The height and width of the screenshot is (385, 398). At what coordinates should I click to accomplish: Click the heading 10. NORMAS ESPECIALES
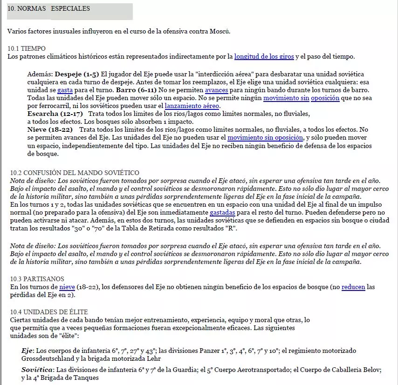[x=49, y=9]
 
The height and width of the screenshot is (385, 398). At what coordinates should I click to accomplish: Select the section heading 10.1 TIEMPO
[x=27, y=48]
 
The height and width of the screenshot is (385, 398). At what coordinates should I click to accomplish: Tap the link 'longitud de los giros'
[x=264, y=57]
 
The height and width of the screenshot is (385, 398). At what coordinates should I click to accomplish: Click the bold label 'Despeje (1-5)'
[x=77, y=74]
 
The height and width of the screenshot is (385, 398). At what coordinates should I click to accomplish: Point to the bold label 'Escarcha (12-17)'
[x=55, y=114]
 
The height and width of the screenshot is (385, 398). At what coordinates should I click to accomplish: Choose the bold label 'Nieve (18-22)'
[x=50, y=129]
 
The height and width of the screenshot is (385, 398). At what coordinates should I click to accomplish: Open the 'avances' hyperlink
[x=216, y=89]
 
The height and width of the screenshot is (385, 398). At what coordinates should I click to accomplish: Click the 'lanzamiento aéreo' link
[x=192, y=106]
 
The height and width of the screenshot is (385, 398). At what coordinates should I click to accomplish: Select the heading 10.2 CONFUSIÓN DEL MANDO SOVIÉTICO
[x=75, y=173]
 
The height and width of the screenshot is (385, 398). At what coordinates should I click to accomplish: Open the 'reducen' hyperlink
[x=353, y=287]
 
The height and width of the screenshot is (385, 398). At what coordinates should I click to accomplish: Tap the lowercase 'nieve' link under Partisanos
[x=67, y=287]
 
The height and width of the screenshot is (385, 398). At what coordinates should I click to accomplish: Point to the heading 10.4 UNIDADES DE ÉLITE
[x=49, y=312]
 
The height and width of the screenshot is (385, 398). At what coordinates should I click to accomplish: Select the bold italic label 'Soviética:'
[x=38, y=370]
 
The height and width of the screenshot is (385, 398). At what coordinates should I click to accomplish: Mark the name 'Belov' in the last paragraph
[x=372, y=370]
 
